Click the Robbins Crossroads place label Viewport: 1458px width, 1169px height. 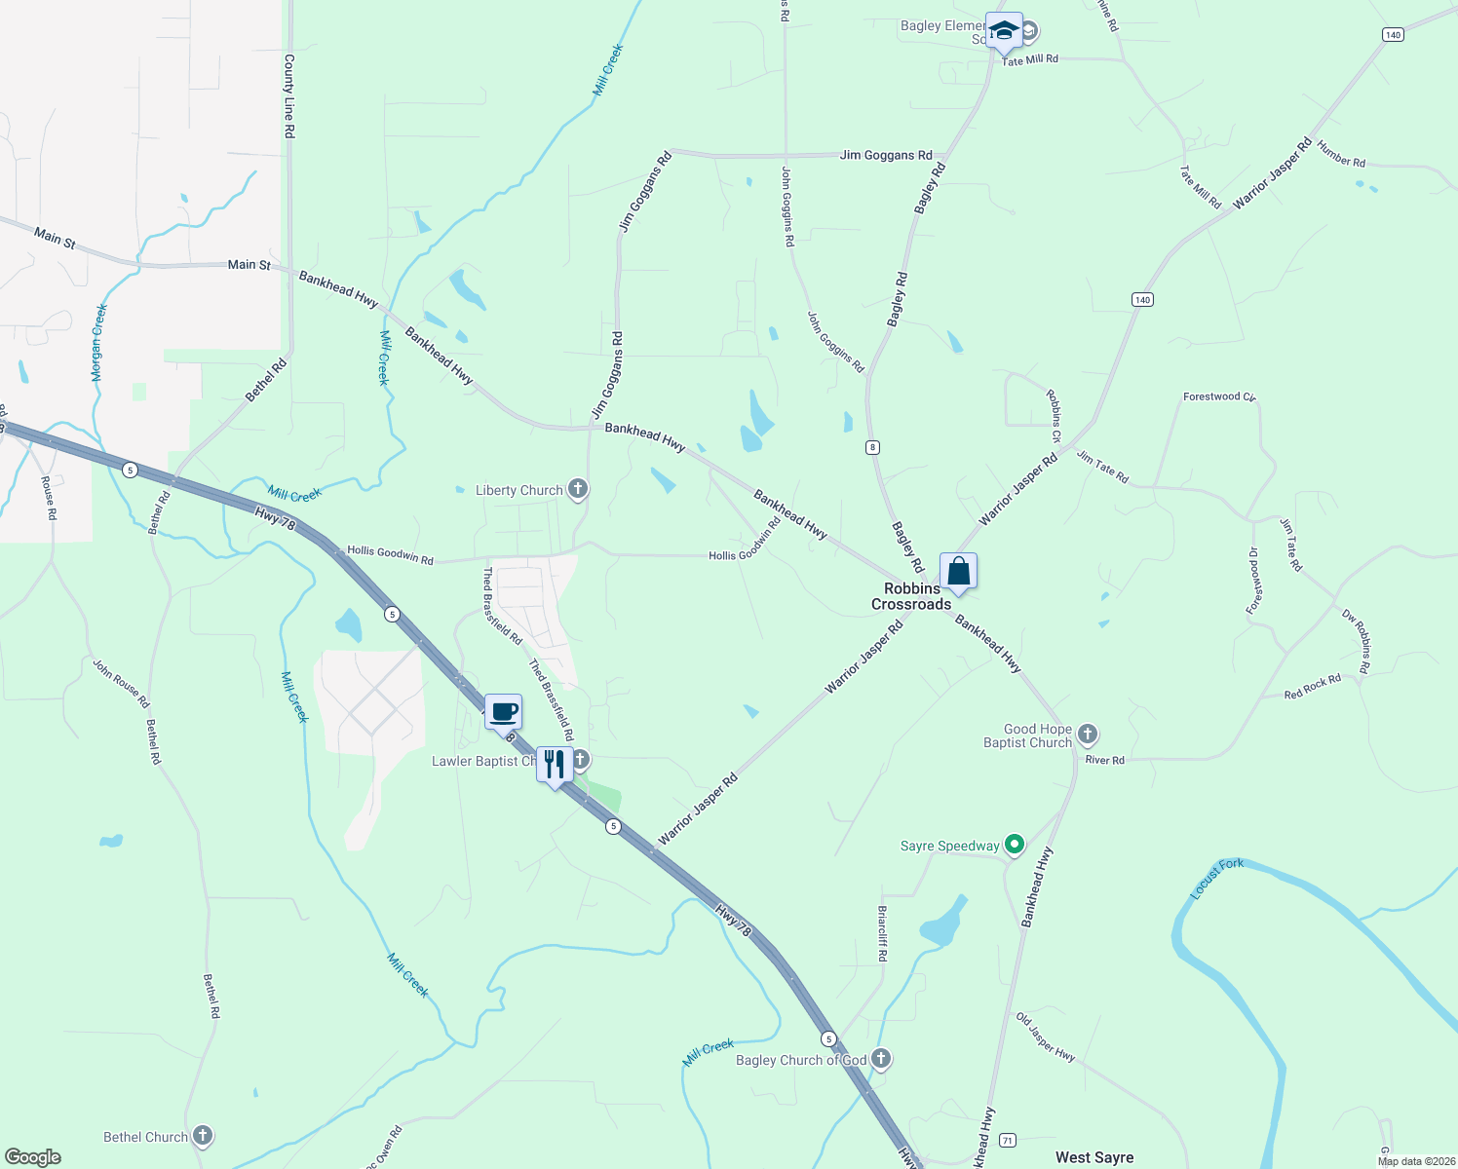[x=911, y=596]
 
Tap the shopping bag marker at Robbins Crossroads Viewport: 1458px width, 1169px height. [x=958, y=571]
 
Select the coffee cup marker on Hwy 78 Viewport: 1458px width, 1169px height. [x=503, y=711]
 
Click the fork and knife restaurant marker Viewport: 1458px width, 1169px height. [x=555, y=765]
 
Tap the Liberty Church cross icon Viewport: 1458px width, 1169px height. [x=578, y=489]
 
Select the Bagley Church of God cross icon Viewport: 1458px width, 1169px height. [x=881, y=1058]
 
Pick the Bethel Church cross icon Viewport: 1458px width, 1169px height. [x=203, y=1135]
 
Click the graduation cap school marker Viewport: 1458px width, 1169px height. [x=1004, y=30]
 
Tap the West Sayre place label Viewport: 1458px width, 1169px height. [x=1094, y=1157]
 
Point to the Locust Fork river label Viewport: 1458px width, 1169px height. [x=1217, y=879]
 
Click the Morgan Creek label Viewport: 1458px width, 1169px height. [x=99, y=342]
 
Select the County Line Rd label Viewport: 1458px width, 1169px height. [x=289, y=95]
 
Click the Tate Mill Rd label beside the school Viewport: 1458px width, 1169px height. [x=1030, y=59]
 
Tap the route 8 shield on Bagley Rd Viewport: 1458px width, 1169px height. [x=872, y=447]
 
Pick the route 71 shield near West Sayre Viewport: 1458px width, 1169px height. [x=1008, y=1140]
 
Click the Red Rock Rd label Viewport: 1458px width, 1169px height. [x=1312, y=687]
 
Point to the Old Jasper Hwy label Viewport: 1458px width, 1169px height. [x=1046, y=1037]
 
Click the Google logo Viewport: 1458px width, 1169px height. [x=33, y=1156]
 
